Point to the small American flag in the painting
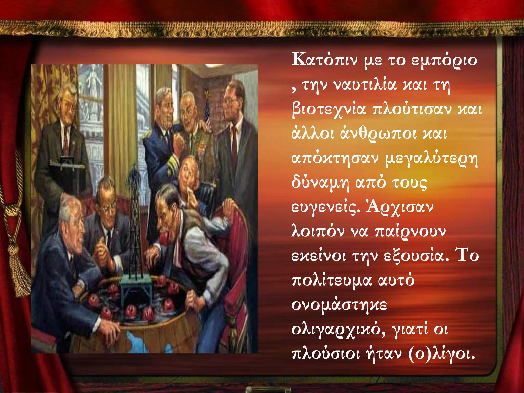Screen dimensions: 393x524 (x=207, y=113)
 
